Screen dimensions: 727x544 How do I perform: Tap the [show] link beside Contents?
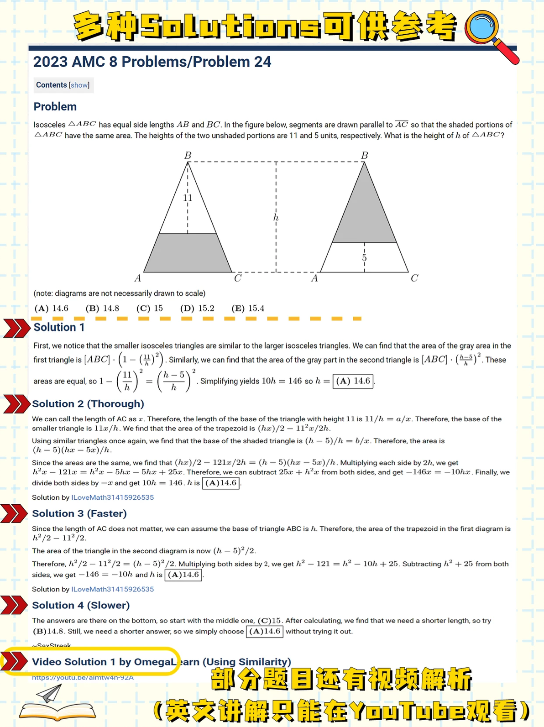[79, 85]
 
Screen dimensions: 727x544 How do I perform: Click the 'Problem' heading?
[55, 107]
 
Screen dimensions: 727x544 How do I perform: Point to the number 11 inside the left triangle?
[188, 198]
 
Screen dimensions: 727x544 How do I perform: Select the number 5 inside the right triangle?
[364, 258]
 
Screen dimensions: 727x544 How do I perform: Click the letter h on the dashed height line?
[276, 218]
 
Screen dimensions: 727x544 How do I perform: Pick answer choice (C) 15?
[150, 309]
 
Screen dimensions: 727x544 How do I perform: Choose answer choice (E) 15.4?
[248, 309]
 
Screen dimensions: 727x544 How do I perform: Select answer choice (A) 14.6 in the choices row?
[52, 309]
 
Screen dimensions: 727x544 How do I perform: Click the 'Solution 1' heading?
[59, 327]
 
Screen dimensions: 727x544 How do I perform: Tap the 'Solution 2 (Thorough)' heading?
[88, 404]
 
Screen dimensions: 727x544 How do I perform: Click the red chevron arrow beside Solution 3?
[14, 513]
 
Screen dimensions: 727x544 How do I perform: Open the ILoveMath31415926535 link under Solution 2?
[112, 497]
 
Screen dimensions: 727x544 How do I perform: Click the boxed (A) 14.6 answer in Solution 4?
[265, 632]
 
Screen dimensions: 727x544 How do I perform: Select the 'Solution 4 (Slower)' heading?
[81, 605]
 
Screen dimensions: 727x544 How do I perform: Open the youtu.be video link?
[83, 678]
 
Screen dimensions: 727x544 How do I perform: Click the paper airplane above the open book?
[49, 694]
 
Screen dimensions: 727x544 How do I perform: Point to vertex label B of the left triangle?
[188, 156]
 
